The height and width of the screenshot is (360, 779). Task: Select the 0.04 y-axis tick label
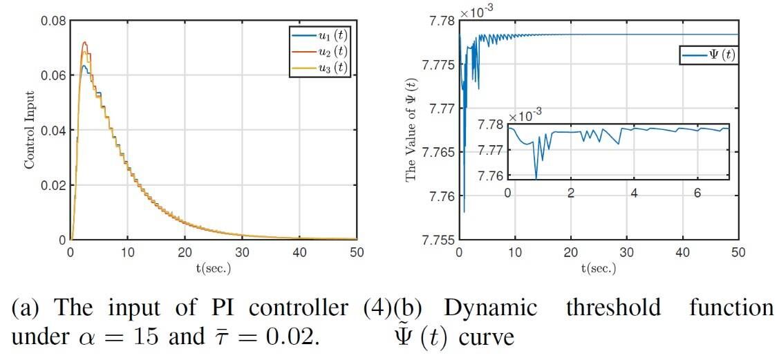54,130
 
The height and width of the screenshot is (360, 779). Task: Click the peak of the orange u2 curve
85,42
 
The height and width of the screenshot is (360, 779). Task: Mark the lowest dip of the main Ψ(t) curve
464,211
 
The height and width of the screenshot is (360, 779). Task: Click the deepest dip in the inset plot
536,179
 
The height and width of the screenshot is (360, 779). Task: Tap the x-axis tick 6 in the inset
697,192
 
